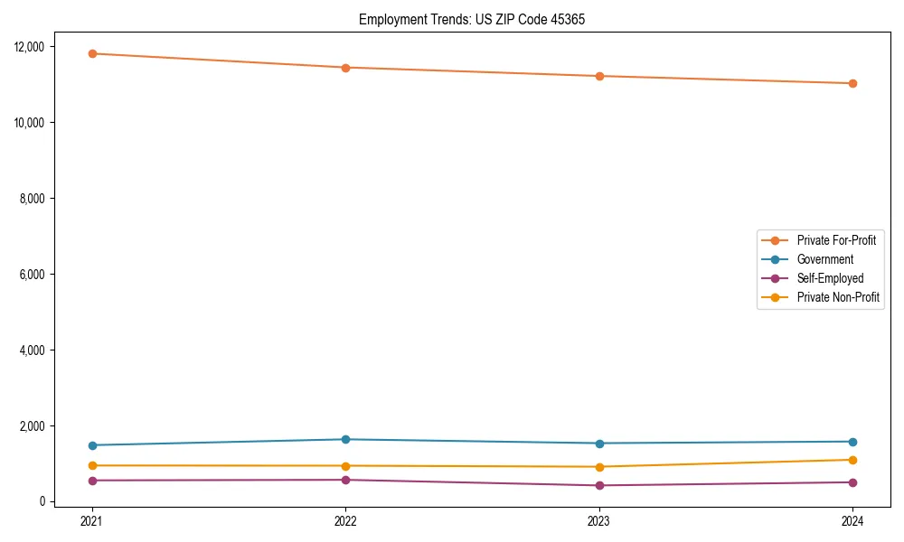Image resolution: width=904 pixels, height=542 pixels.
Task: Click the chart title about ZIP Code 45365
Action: (x=471, y=19)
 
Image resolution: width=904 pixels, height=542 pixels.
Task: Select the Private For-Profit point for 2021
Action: (x=92, y=53)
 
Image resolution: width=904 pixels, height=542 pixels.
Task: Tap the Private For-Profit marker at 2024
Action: (x=852, y=83)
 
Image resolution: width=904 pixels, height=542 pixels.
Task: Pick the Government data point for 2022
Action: (x=345, y=439)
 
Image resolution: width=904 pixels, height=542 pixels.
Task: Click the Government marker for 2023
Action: (x=598, y=444)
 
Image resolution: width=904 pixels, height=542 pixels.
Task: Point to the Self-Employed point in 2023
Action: (x=598, y=485)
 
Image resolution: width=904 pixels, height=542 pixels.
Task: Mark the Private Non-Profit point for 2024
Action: (x=852, y=460)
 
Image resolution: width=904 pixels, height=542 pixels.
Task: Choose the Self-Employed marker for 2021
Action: (x=92, y=481)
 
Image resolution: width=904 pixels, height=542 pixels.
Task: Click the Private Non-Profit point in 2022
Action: (x=345, y=466)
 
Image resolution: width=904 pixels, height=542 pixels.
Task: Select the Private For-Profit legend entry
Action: (x=836, y=240)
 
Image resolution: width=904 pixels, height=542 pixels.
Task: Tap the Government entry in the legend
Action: (x=824, y=259)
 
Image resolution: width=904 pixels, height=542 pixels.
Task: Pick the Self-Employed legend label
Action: (x=830, y=278)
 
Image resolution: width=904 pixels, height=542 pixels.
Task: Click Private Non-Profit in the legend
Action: (x=838, y=297)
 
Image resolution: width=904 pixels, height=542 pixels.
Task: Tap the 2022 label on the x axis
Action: (x=345, y=520)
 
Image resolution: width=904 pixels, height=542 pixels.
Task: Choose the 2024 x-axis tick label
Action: (x=852, y=520)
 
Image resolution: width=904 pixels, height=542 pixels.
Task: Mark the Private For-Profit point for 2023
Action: (x=598, y=76)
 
